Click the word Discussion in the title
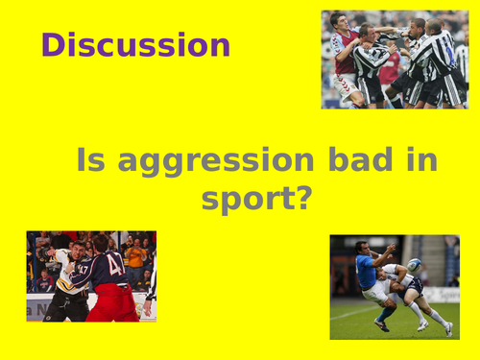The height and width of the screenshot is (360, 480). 135,45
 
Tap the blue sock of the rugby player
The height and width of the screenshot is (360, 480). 388,312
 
